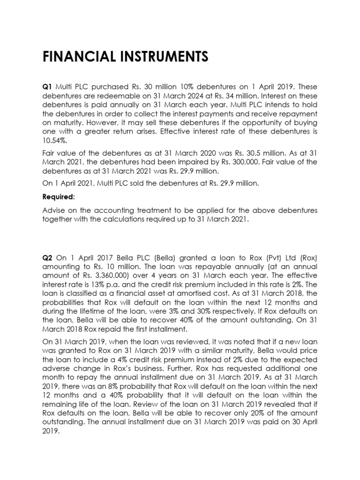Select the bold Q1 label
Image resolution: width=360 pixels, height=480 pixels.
pos(48,87)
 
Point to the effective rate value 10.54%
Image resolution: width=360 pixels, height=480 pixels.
pos(54,141)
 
